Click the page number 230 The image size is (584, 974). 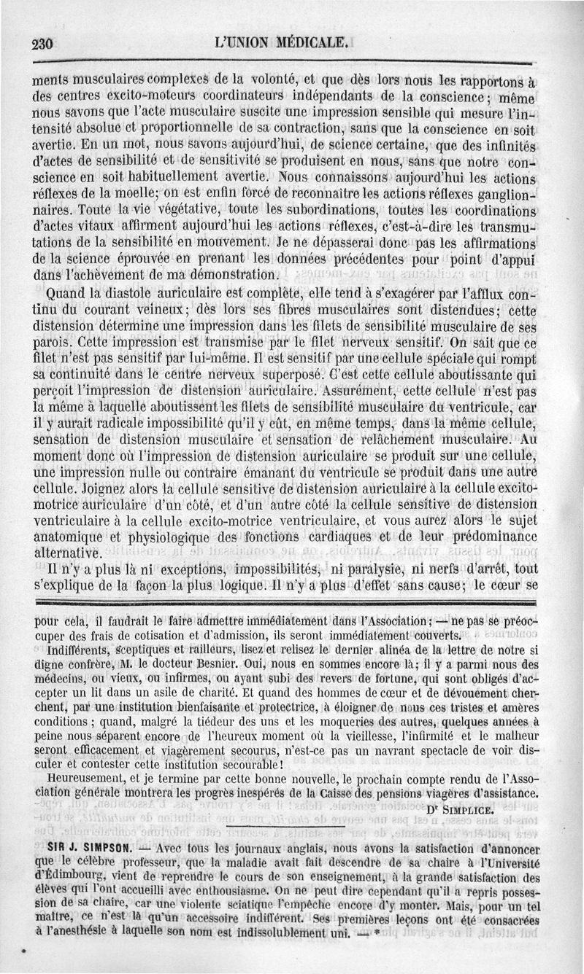(x=43, y=43)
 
